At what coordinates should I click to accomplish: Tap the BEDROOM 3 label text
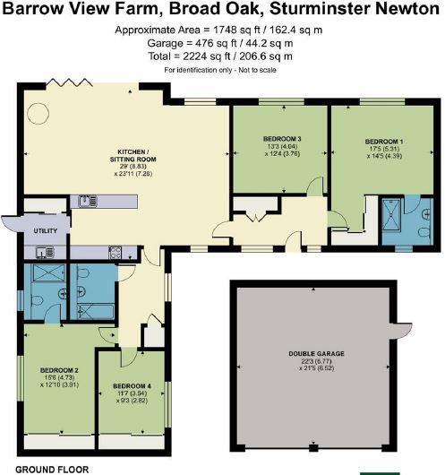(x=281, y=139)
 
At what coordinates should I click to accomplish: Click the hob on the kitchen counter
(x=116, y=254)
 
